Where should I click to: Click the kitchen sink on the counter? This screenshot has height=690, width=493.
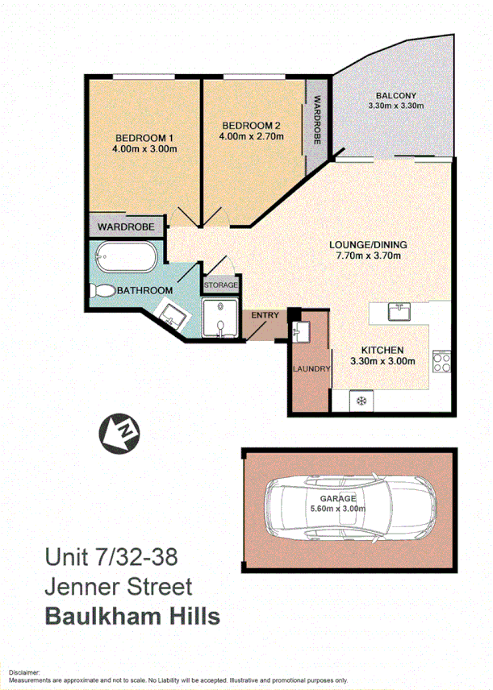tap(399, 311)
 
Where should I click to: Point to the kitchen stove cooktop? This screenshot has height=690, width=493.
tap(441, 362)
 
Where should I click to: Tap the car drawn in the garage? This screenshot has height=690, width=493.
tap(349, 509)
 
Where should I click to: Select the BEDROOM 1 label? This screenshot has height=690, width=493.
tap(144, 137)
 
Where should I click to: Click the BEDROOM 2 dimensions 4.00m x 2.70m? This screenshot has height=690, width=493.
tap(251, 138)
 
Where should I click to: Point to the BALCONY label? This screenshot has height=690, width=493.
tap(395, 94)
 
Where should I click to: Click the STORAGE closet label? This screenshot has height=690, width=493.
tap(220, 285)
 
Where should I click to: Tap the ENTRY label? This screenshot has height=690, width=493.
tap(264, 314)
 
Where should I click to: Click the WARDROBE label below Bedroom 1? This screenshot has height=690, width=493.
tap(127, 227)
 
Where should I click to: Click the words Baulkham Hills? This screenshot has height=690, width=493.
tap(132, 617)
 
